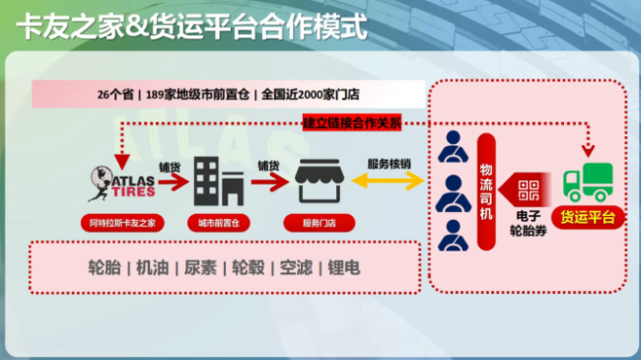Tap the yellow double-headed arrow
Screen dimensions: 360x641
click(388, 182)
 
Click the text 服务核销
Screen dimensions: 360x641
click(388, 164)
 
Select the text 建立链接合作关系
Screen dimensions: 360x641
click(352, 123)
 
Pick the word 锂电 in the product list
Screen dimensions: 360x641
click(344, 267)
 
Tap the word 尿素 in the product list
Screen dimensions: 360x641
click(200, 267)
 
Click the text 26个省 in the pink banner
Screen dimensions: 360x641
click(117, 95)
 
